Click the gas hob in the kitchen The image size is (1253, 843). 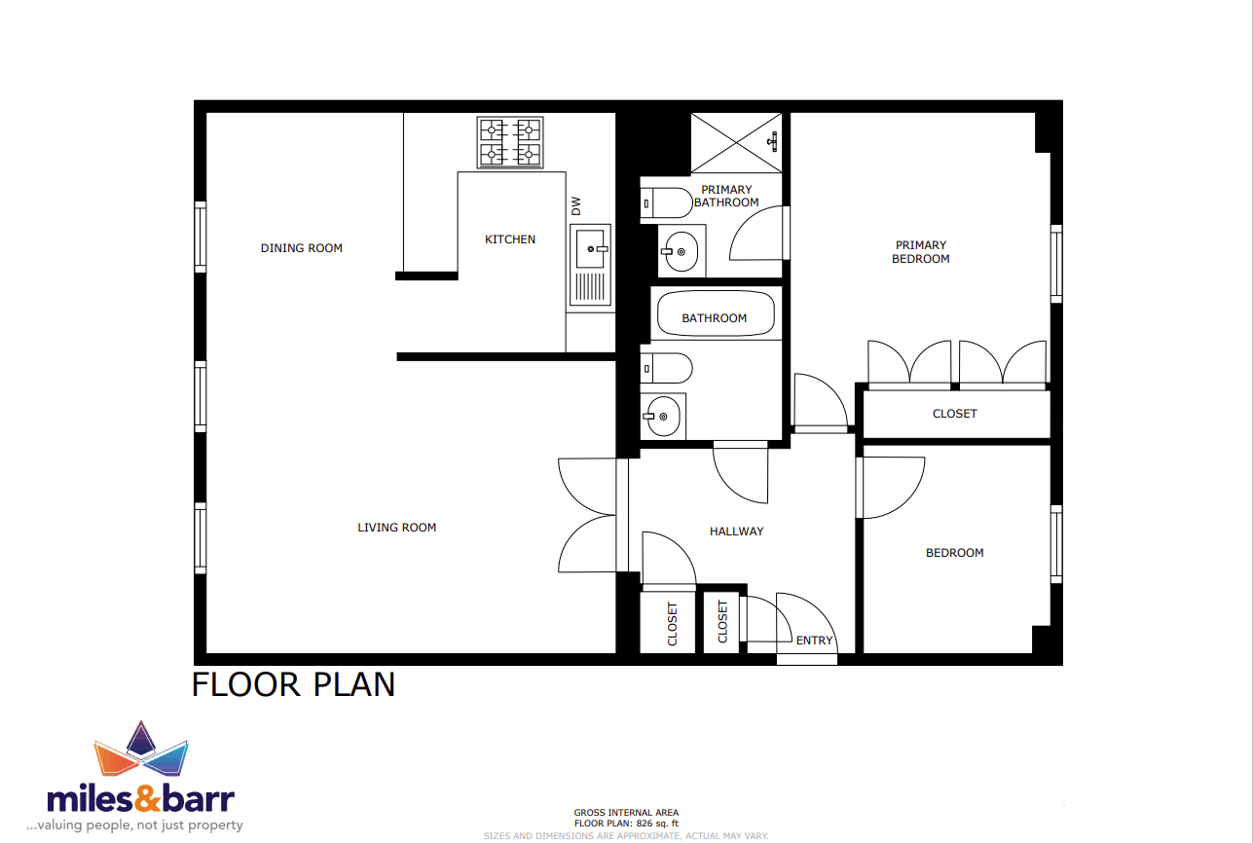[x=510, y=142]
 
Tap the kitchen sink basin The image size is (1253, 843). [x=590, y=249]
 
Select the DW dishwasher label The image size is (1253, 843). [x=576, y=205]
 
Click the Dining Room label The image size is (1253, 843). [x=302, y=248]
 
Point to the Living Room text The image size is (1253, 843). [x=396, y=527]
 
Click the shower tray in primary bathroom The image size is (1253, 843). [x=736, y=143]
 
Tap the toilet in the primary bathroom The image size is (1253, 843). [x=666, y=203]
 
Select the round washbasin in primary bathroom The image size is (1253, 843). [x=680, y=252]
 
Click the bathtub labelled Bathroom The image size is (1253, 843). [x=716, y=313]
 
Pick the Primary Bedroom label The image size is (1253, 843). [x=921, y=252]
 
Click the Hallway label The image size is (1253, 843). [x=737, y=531]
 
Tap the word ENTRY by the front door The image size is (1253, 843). [x=815, y=641]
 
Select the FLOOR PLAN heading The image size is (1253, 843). [x=294, y=684]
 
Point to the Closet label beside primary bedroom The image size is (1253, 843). [x=955, y=414]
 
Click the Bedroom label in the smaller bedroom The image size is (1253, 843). [x=955, y=553]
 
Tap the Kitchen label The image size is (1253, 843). [x=510, y=239]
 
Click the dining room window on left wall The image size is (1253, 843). [x=201, y=238]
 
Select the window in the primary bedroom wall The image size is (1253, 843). [x=1056, y=264]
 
